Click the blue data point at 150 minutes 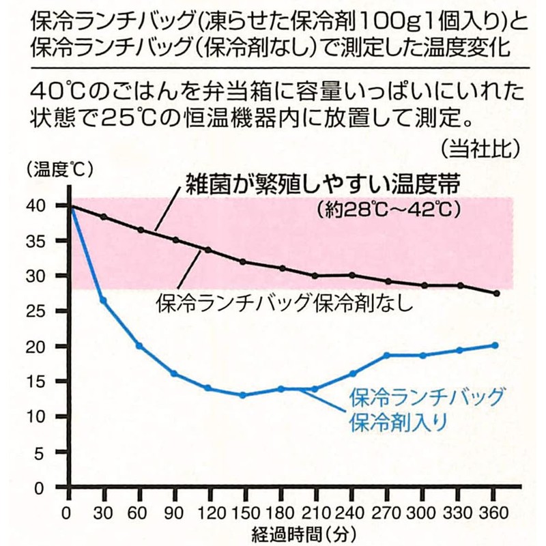[242, 395]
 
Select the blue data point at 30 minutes [104, 300]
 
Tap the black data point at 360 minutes [496, 293]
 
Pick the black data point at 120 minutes [208, 250]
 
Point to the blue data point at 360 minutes [496, 345]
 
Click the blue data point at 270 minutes [386, 355]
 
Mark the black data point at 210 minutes [315, 275]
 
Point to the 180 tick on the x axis [278, 513]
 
